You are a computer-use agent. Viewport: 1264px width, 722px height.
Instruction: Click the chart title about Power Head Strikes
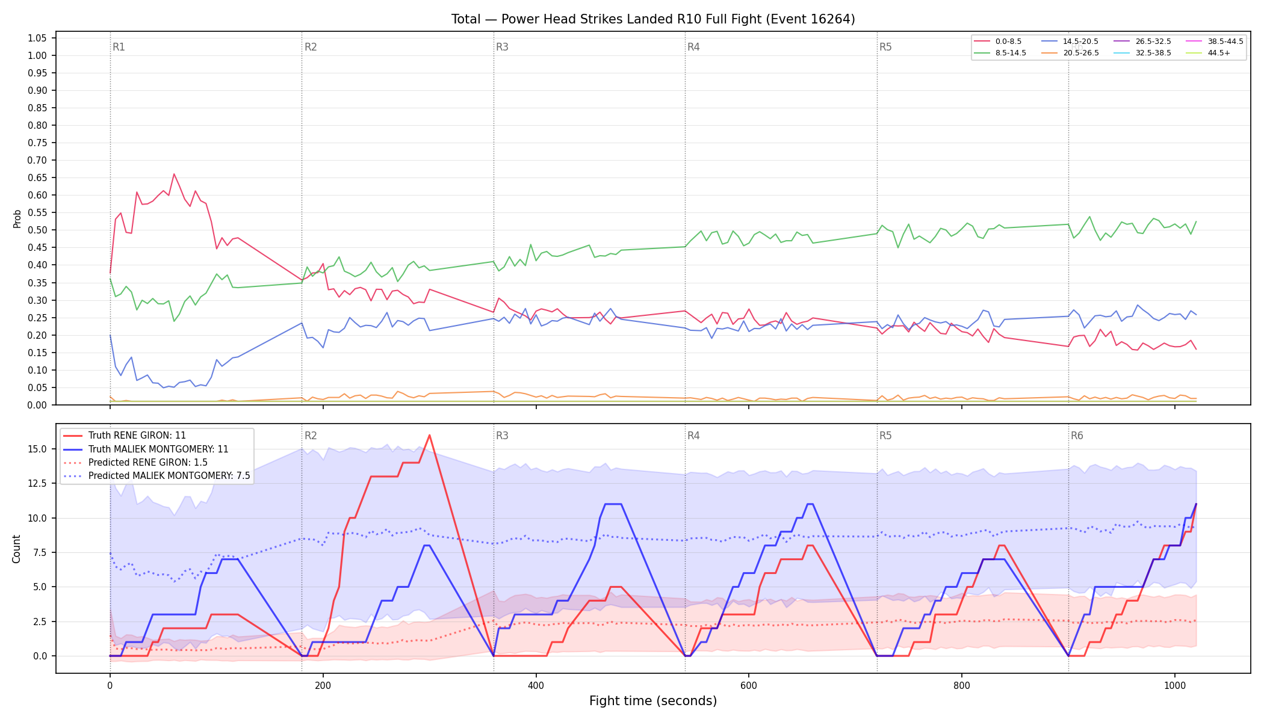tap(653, 19)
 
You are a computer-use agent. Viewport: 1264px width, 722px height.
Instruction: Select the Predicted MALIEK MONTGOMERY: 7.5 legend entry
tap(156, 475)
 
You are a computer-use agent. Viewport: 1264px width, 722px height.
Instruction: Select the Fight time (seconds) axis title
tap(653, 701)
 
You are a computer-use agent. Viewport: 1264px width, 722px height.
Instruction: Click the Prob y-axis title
tap(17, 218)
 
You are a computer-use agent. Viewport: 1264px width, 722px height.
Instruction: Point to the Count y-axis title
tap(16, 549)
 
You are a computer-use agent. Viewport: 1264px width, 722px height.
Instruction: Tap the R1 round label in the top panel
tap(119, 47)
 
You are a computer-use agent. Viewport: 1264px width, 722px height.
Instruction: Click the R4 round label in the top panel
tap(693, 47)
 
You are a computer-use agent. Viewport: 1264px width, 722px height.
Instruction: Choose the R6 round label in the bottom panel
tap(1077, 436)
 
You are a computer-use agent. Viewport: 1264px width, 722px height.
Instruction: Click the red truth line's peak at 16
tap(429, 435)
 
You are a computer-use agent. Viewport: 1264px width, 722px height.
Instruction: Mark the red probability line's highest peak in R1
tap(174, 174)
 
